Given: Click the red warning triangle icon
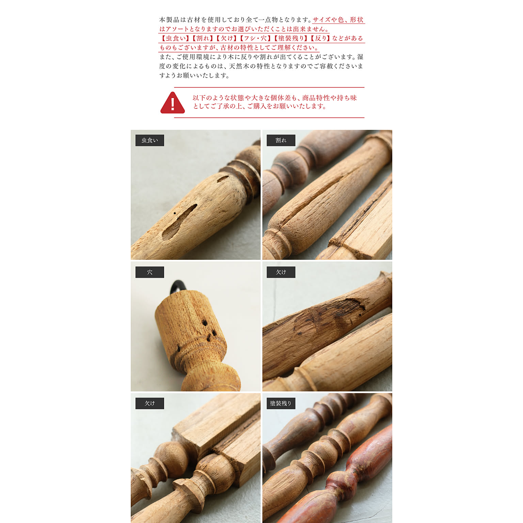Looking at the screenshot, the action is click(x=173, y=103).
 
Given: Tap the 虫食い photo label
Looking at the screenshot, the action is click(x=150, y=140).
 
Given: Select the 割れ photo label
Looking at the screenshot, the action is click(x=281, y=140).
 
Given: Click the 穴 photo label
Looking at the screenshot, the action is click(x=150, y=272).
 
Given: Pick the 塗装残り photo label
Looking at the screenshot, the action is click(x=281, y=403).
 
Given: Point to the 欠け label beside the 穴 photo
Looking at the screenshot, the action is click(x=281, y=272).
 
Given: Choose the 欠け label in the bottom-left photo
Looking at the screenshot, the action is click(x=150, y=403).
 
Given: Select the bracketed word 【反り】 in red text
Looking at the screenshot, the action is click(x=320, y=38).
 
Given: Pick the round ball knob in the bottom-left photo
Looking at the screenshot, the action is click(x=172, y=456).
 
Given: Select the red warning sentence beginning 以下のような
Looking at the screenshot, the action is click(x=274, y=102).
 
